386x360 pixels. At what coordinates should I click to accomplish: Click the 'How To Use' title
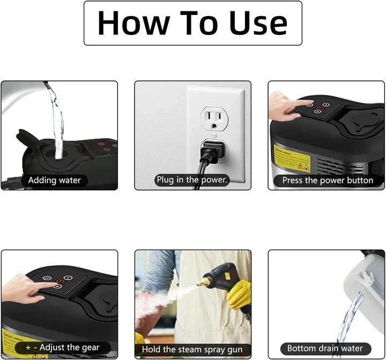(x=192, y=23)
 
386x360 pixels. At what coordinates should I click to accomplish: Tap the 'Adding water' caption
(x=54, y=180)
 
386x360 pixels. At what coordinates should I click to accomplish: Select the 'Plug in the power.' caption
(x=192, y=180)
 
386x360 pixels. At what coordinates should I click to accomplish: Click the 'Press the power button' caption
(x=327, y=180)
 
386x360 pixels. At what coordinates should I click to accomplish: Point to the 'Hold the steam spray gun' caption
(x=192, y=349)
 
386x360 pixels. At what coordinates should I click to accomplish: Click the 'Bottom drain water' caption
(x=325, y=348)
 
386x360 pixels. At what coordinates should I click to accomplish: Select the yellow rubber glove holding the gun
(x=239, y=294)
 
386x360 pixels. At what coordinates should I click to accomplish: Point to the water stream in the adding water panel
(x=56, y=118)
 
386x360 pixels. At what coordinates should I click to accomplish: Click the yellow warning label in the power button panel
(x=289, y=156)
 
